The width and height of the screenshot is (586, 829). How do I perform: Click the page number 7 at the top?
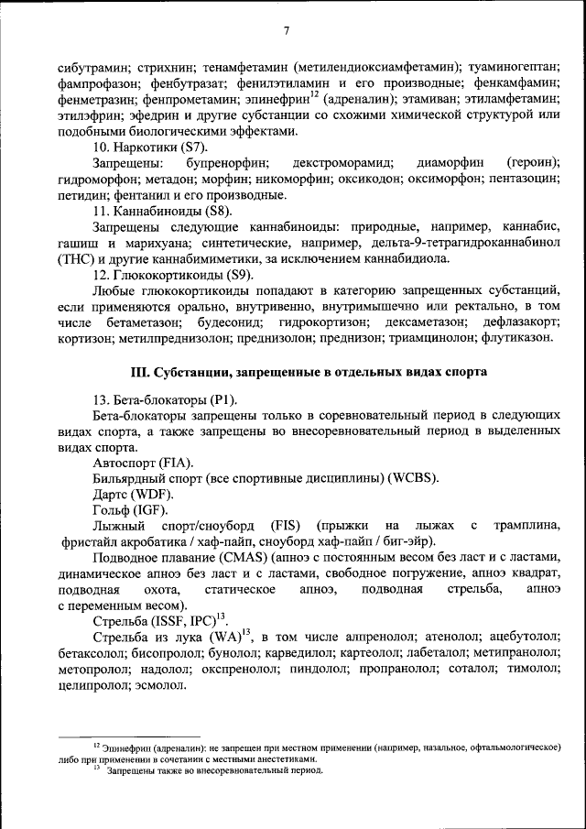287,32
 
